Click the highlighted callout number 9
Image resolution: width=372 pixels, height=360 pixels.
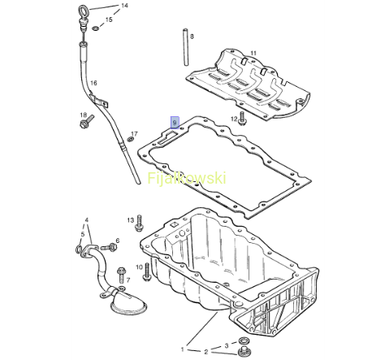tap(175, 123)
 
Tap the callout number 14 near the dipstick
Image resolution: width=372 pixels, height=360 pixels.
tap(124, 6)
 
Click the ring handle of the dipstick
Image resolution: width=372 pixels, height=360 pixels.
tap(84, 11)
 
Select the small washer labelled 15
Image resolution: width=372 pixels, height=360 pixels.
tap(95, 28)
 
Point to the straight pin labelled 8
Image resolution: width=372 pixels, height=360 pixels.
tap(186, 46)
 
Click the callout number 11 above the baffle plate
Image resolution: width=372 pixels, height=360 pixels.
tap(253, 53)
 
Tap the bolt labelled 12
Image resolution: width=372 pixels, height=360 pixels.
tap(242, 119)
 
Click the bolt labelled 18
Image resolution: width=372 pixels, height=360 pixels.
tap(87, 122)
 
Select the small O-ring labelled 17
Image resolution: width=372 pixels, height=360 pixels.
tap(131, 139)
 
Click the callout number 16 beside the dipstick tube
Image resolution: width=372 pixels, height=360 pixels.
tap(93, 83)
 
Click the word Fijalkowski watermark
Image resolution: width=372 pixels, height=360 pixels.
tap(187, 179)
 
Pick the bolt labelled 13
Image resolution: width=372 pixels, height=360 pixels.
tap(140, 223)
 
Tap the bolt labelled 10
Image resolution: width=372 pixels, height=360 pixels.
tap(147, 271)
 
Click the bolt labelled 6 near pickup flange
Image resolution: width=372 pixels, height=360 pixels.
tap(109, 247)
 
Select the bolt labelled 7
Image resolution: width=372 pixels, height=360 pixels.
tap(121, 275)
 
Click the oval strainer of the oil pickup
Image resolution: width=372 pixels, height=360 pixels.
tap(129, 305)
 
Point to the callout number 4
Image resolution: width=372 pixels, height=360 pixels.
tap(87, 219)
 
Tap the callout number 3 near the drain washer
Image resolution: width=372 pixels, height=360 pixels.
tap(227, 345)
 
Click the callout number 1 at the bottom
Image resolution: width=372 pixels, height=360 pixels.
tap(183, 349)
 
